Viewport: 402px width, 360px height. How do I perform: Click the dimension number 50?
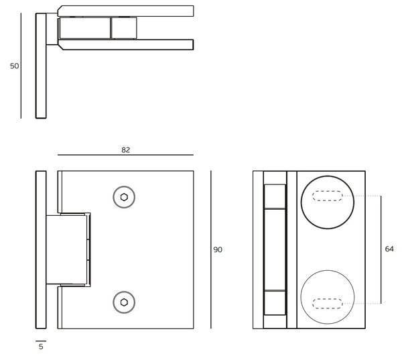[14, 66]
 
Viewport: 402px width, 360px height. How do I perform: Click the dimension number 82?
[126, 150]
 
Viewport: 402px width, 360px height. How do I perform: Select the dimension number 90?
[218, 249]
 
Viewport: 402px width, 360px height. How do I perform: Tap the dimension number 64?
[389, 249]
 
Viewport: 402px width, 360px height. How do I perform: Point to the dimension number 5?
[41, 347]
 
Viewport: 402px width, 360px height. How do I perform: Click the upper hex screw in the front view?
[124, 197]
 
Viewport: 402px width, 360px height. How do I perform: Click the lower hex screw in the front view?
[124, 302]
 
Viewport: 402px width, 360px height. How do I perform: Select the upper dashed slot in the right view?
[328, 196]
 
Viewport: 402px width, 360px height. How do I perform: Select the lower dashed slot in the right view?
[328, 303]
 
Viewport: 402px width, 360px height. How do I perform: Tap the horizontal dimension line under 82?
[126, 155]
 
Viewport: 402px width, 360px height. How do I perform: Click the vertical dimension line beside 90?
[211, 249]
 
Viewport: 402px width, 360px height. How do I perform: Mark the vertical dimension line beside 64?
[381, 249]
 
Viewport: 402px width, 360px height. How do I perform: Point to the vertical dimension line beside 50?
[21, 66]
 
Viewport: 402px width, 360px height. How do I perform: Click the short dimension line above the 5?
[41, 341]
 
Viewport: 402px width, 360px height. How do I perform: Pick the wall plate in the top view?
[41, 66]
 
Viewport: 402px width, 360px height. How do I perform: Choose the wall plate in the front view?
[41, 249]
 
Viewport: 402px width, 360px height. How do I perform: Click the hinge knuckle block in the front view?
[66, 249]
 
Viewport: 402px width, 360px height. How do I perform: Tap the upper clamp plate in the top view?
[126, 11]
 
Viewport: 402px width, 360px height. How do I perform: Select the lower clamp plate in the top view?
[126, 45]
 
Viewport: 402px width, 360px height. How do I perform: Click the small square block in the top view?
[124, 28]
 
